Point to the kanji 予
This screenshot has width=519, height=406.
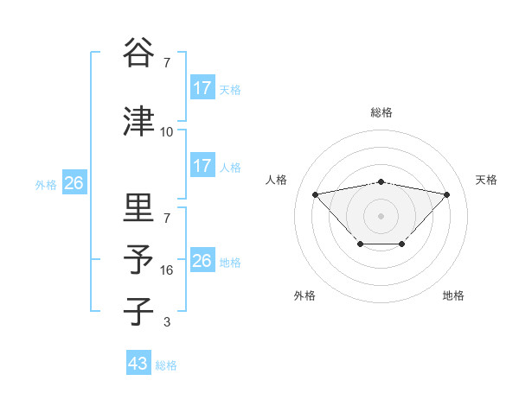(138, 259)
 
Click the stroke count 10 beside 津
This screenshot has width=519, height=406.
(167, 132)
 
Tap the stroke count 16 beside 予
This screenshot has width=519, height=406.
(167, 270)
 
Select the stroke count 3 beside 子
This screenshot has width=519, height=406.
(167, 322)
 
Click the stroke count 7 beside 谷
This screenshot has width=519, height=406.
(167, 63)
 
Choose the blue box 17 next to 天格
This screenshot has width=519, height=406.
(202, 88)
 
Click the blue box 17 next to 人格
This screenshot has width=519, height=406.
(202, 166)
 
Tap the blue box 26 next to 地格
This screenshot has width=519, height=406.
(202, 261)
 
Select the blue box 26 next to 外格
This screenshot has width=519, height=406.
(74, 183)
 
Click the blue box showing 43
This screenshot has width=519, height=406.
(138, 364)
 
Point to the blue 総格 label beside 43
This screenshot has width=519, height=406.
(167, 365)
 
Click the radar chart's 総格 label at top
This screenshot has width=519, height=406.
(381, 112)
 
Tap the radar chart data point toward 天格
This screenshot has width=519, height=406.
(447, 194)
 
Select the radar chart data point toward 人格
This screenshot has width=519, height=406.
(315, 194)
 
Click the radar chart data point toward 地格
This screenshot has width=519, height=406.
(402, 244)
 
